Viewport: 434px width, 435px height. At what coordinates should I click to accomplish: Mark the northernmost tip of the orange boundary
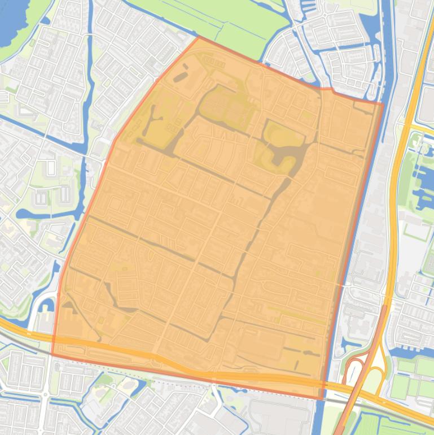[x=199, y=37]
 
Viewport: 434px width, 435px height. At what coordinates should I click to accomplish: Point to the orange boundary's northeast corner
[x=383, y=103]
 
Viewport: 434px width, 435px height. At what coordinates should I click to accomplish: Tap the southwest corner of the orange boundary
[x=52, y=355]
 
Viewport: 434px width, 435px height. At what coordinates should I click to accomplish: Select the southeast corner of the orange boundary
[x=322, y=399]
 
